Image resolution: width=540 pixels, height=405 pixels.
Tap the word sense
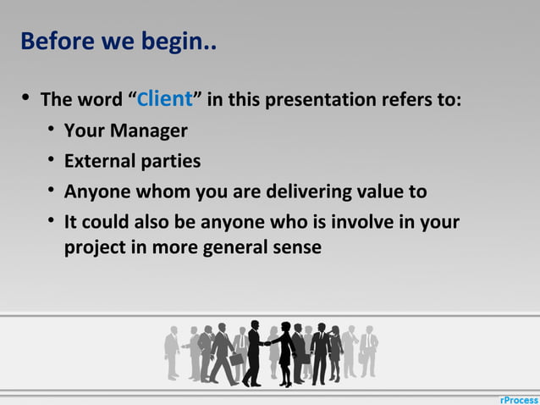point(296,249)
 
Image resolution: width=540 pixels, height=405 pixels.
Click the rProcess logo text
point(517,398)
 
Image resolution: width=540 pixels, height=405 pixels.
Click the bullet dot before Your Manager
point(52,130)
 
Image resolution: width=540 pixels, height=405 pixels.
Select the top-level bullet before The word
point(25,99)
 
